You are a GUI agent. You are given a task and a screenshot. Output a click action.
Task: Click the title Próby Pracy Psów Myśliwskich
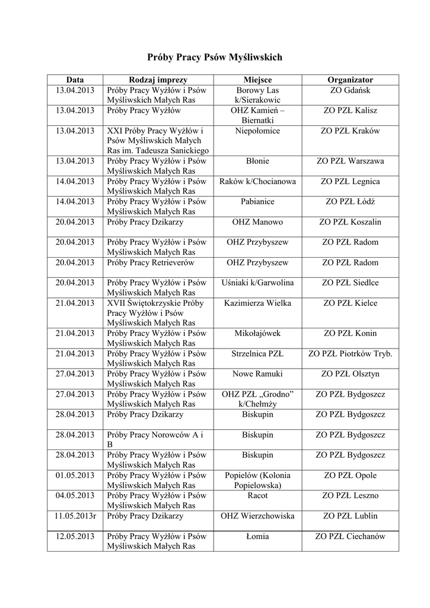215,58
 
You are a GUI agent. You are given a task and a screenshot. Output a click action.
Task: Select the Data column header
75,80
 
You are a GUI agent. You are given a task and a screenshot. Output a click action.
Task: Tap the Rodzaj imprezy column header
158,80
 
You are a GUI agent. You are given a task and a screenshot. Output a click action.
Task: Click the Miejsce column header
257,80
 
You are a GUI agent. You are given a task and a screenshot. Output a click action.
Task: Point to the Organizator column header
350,80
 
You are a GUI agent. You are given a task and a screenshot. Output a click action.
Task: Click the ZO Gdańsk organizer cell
350,90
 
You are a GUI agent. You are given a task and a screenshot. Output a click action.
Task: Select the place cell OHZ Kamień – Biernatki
257,115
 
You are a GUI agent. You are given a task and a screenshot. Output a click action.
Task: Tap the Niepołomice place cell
257,131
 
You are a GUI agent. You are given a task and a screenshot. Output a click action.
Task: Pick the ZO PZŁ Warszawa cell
350,161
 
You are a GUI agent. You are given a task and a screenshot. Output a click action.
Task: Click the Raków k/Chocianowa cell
257,181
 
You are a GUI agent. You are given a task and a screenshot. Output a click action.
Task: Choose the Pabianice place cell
257,201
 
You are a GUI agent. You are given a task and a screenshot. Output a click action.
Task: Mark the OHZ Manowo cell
257,222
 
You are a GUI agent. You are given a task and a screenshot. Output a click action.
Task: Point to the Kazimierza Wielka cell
257,303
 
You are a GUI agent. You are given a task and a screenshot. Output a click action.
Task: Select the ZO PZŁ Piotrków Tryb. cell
350,353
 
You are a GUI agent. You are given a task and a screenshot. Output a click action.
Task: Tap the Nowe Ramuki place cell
257,373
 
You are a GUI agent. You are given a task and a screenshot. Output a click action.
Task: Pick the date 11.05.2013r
75,516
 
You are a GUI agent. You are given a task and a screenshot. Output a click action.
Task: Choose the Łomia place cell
257,536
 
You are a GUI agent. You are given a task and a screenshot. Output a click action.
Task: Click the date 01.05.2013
75,476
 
